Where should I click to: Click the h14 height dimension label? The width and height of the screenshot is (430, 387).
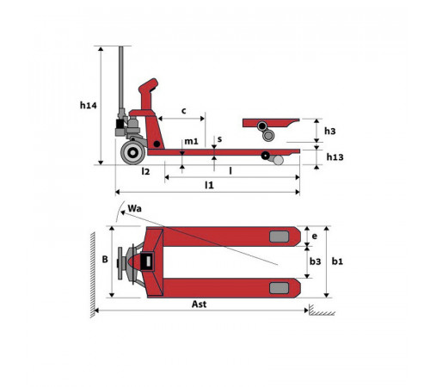(89, 106)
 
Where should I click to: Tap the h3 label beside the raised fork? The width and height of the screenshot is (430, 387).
(329, 131)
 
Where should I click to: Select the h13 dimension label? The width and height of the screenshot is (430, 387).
(335, 157)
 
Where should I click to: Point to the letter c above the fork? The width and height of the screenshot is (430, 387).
(184, 111)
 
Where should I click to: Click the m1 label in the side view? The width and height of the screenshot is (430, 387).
(191, 141)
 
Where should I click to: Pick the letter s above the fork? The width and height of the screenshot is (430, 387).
(219, 139)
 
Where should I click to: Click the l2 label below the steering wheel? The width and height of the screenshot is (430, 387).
(145, 171)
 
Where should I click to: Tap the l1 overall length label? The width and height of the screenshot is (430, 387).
(209, 186)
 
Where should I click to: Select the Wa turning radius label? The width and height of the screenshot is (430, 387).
(134, 208)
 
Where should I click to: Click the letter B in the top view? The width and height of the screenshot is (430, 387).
(105, 259)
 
